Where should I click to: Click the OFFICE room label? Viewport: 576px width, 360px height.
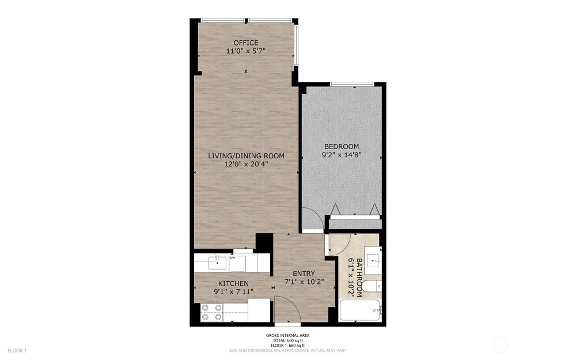coord(246,43)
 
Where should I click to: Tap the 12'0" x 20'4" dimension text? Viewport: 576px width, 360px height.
coord(246,164)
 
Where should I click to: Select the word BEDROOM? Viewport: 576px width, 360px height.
coord(342,146)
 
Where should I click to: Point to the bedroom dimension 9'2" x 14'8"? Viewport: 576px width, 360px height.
coord(342,155)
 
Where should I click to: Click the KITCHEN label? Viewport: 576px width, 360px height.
coord(233,283)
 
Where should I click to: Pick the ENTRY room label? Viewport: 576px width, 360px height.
coord(304,273)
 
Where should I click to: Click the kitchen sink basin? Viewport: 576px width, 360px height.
coord(217,262)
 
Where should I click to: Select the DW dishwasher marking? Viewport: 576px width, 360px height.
coord(232,258)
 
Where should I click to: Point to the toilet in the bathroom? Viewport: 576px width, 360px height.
coord(371,286)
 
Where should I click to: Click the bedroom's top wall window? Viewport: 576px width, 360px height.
coord(353,85)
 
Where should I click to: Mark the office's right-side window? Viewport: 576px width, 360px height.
coord(295,46)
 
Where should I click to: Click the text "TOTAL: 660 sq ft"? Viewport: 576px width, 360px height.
coord(287,340)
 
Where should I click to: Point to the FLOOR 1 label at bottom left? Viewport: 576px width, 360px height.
coord(17,351)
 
